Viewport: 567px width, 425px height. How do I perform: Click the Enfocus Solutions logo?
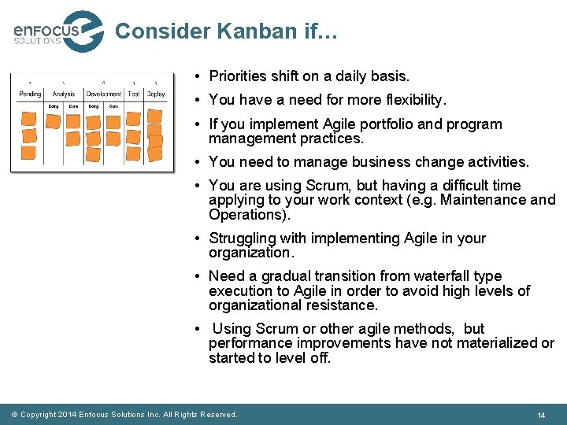pyautogui.click(x=57, y=31)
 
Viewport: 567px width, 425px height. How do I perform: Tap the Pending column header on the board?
pyautogui.click(x=30, y=94)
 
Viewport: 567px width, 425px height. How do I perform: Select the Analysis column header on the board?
pyautogui.click(x=64, y=94)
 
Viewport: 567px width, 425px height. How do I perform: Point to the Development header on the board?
pyautogui.click(x=104, y=94)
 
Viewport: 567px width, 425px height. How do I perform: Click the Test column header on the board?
pyautogui.click(x=134, y=94)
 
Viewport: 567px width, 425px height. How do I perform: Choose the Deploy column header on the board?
pyautogui.click(x=156, y=94)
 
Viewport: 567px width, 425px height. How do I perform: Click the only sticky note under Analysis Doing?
pyautogui.click(x=54, y=121)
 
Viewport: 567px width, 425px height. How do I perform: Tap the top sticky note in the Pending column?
pyautogui.click(x=28, y=119)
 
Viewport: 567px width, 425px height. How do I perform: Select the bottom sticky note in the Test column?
pyautogui.click(x=133, y=153)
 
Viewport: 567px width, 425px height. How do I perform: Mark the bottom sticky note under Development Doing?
pyautogui.click(x=93, y=154)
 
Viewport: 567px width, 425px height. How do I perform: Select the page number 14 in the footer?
pyautogui.click(x=541, y=415)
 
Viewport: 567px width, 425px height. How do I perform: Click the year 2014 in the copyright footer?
pyautogui.click(x=67, y=415)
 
